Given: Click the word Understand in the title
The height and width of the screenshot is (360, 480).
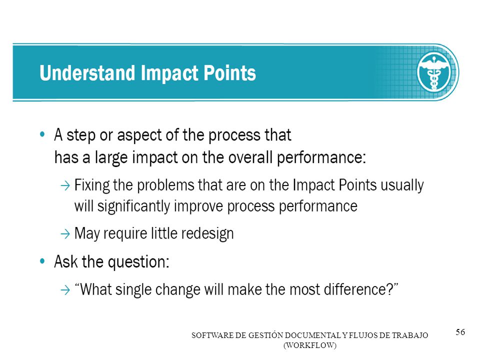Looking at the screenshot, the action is tap(87, 73).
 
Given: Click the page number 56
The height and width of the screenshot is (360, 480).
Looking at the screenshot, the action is tap(460, 332).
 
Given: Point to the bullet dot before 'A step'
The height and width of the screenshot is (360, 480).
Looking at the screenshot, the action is tap(42, 134).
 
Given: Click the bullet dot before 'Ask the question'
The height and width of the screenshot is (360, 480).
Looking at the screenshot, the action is tap(42, 261).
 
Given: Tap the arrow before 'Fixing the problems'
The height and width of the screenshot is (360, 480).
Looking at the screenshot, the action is tap(65, 185).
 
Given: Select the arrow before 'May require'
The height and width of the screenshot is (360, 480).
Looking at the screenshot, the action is tap(65, 234).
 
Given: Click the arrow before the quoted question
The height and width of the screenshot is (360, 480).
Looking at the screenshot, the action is tap(65, 289).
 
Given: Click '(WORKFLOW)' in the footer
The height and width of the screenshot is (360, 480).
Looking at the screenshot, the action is tap(310, 345).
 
